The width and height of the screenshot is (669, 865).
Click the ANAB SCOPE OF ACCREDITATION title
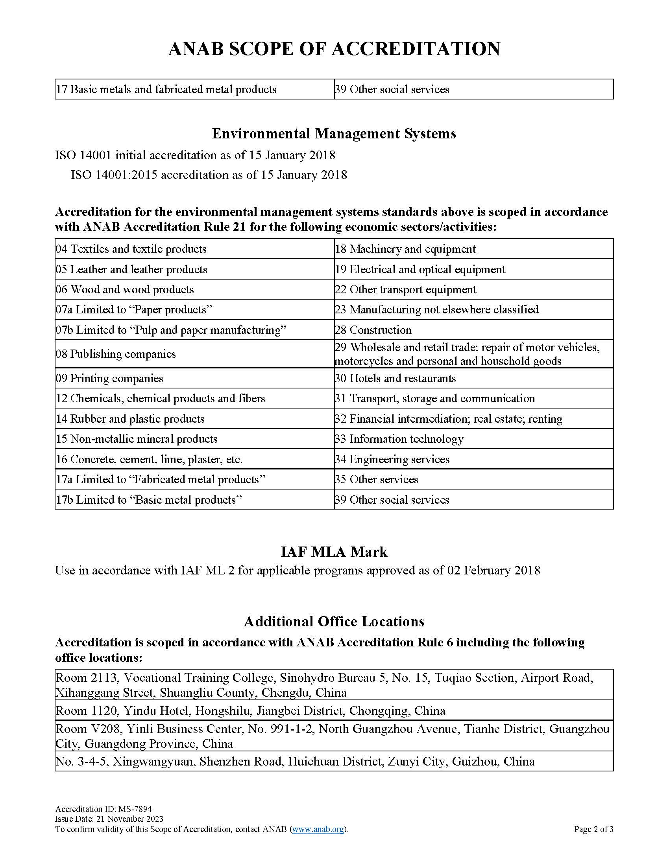click(334, 49)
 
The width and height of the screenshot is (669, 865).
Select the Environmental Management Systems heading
click(334, 134)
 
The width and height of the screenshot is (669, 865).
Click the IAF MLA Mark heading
click(334, 552)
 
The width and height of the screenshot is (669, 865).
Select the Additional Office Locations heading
click(334, 621)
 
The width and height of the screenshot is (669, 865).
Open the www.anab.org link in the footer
click(318, 829)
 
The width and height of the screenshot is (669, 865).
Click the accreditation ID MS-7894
click(135, 809)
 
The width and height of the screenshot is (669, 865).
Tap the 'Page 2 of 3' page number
click(593, 829)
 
